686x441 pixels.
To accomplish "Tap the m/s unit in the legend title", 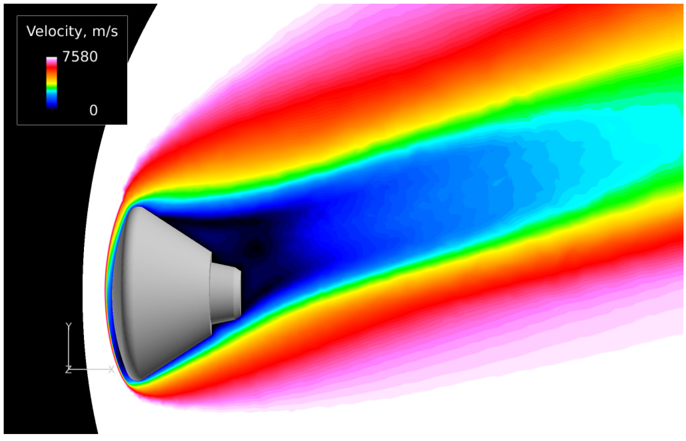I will pos(105,31).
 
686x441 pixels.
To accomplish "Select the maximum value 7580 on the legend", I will pos(80,57).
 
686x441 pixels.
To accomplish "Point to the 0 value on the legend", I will pos(93,110).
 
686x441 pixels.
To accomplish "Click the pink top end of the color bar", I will pos(52,60).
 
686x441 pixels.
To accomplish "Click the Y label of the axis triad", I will pos(68,326).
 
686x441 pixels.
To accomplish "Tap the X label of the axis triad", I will pos(111,369).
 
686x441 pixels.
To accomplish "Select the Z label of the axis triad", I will pos(68,370).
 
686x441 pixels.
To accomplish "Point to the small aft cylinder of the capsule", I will pos(224,293).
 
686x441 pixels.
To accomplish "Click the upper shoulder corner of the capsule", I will pos(139,208).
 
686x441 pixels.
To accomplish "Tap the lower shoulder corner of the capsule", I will pos(138,379).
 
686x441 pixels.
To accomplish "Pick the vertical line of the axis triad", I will pos(68,348).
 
